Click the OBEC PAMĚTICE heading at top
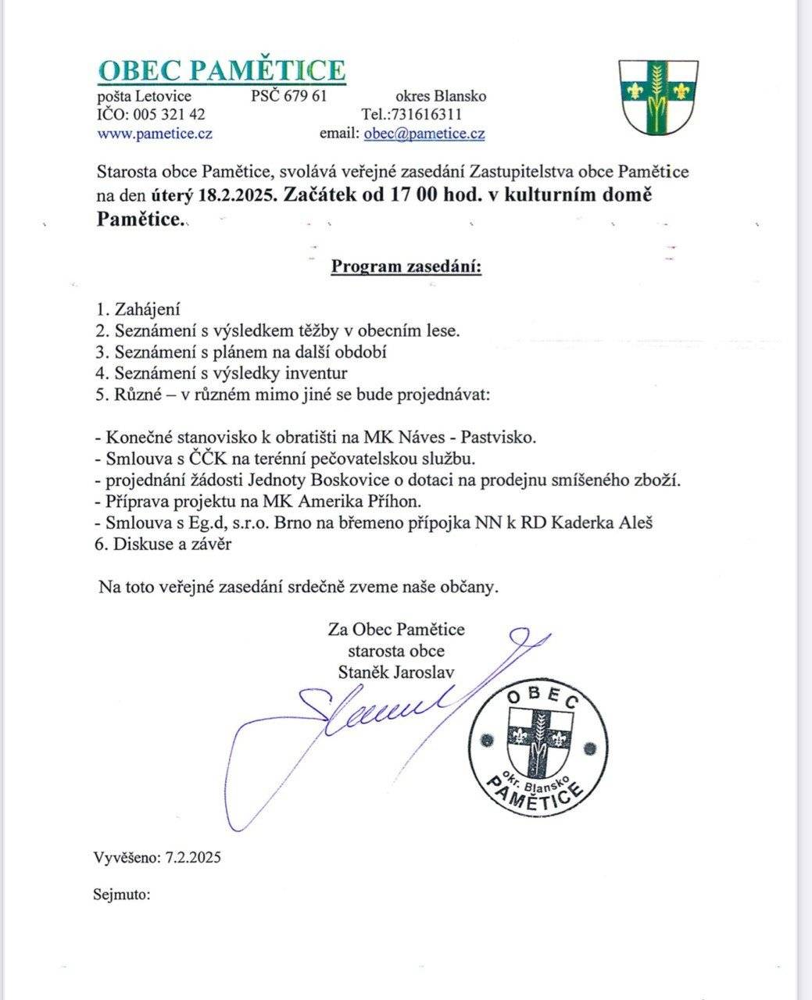pos(221,70)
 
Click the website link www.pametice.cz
pos(155,133)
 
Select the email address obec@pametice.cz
pos(424,134)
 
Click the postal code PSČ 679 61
pos(288,96)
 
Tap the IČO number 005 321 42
pos(170,115)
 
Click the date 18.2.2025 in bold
pos(238,195)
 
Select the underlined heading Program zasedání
pos(406,267)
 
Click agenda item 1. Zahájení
pos(138,309)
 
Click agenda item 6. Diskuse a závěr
pos(163,545)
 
